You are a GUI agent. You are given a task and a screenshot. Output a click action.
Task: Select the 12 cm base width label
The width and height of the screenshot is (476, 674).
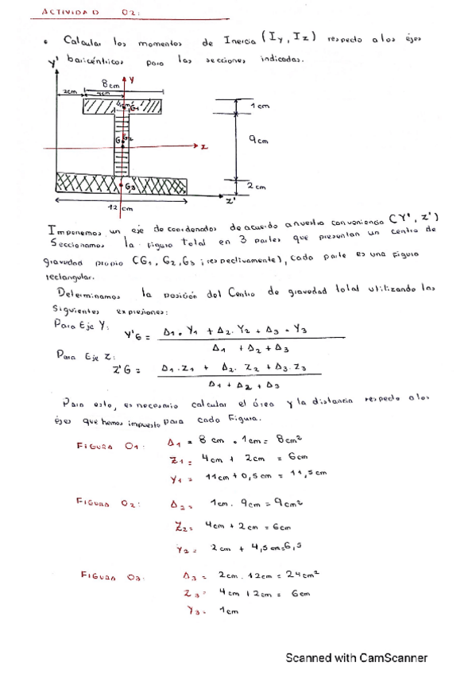click(x=119, y=208)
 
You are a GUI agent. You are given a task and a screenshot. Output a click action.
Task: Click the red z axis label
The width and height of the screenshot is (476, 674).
click(x=204, y=148)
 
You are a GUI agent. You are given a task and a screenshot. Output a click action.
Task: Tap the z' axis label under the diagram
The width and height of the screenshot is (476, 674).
click(x=230, y=201)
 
